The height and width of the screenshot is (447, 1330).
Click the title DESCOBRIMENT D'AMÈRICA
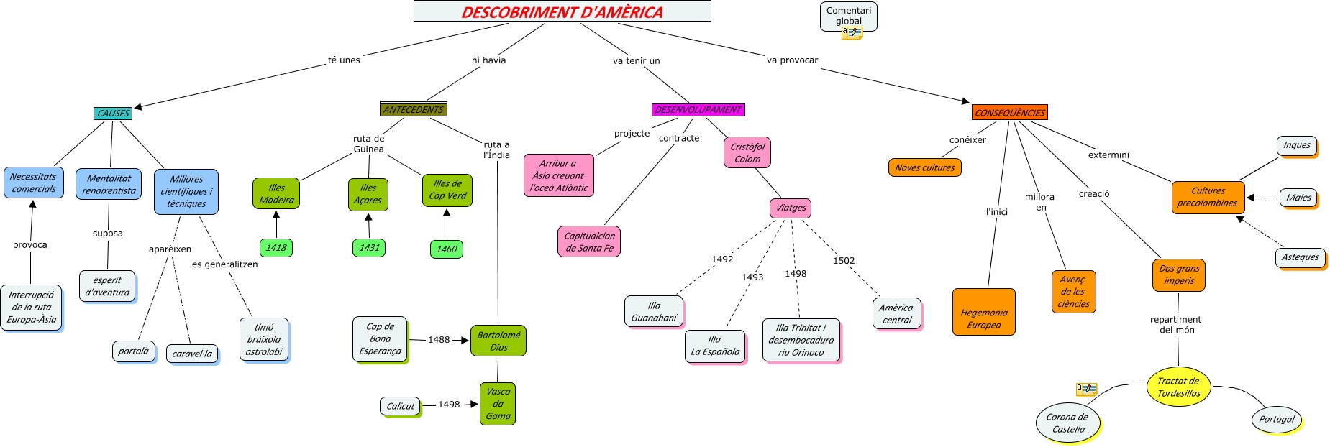(x=562, y=11)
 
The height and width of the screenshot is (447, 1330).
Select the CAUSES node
(x=113, y=114)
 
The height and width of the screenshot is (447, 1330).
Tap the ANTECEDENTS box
(x=414, y=109)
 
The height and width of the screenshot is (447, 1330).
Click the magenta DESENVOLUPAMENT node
(x=698, y=110)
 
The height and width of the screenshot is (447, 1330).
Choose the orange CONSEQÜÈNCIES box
(x=1010, y=113)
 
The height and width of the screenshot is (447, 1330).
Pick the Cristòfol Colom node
(x=747, y=152)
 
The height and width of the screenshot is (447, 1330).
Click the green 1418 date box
(x=276, y=248)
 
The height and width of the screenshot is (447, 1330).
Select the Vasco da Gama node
(x=498, y=403)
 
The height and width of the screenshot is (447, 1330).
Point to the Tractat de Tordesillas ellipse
(x=1178, y=387)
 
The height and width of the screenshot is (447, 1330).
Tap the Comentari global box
(x=848, y=16)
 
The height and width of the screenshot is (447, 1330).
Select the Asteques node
(x=1300, y=257)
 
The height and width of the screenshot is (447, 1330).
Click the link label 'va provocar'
(x=792, y=60)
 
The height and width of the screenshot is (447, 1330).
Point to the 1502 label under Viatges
(x=844, y=261)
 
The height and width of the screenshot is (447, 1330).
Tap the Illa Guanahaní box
(x=654, y=311)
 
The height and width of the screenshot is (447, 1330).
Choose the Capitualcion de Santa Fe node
(x=589, y=241)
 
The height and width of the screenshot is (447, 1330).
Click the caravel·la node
(x=192, y=354)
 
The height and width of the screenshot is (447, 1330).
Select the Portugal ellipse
(x=1277, y=420)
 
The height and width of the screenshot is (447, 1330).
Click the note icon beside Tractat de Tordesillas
(x=1086, y=389)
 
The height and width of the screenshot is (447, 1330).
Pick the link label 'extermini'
(x=1108, y=155)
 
